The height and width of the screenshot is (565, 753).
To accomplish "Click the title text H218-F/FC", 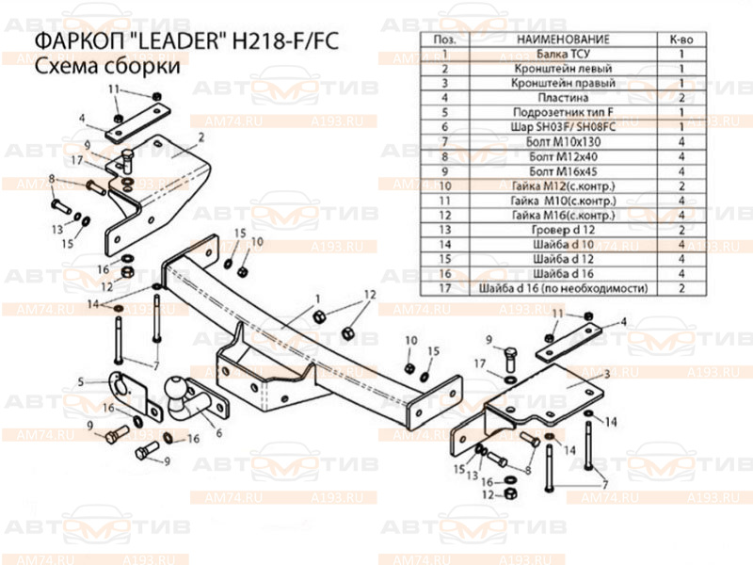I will (286, 42).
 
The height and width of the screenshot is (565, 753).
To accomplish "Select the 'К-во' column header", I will (681, 40).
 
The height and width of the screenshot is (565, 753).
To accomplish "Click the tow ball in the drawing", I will (181, 393).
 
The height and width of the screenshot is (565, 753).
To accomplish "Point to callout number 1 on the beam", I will (305, 299).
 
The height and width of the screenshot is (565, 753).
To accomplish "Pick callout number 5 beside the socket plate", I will (82, 381).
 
